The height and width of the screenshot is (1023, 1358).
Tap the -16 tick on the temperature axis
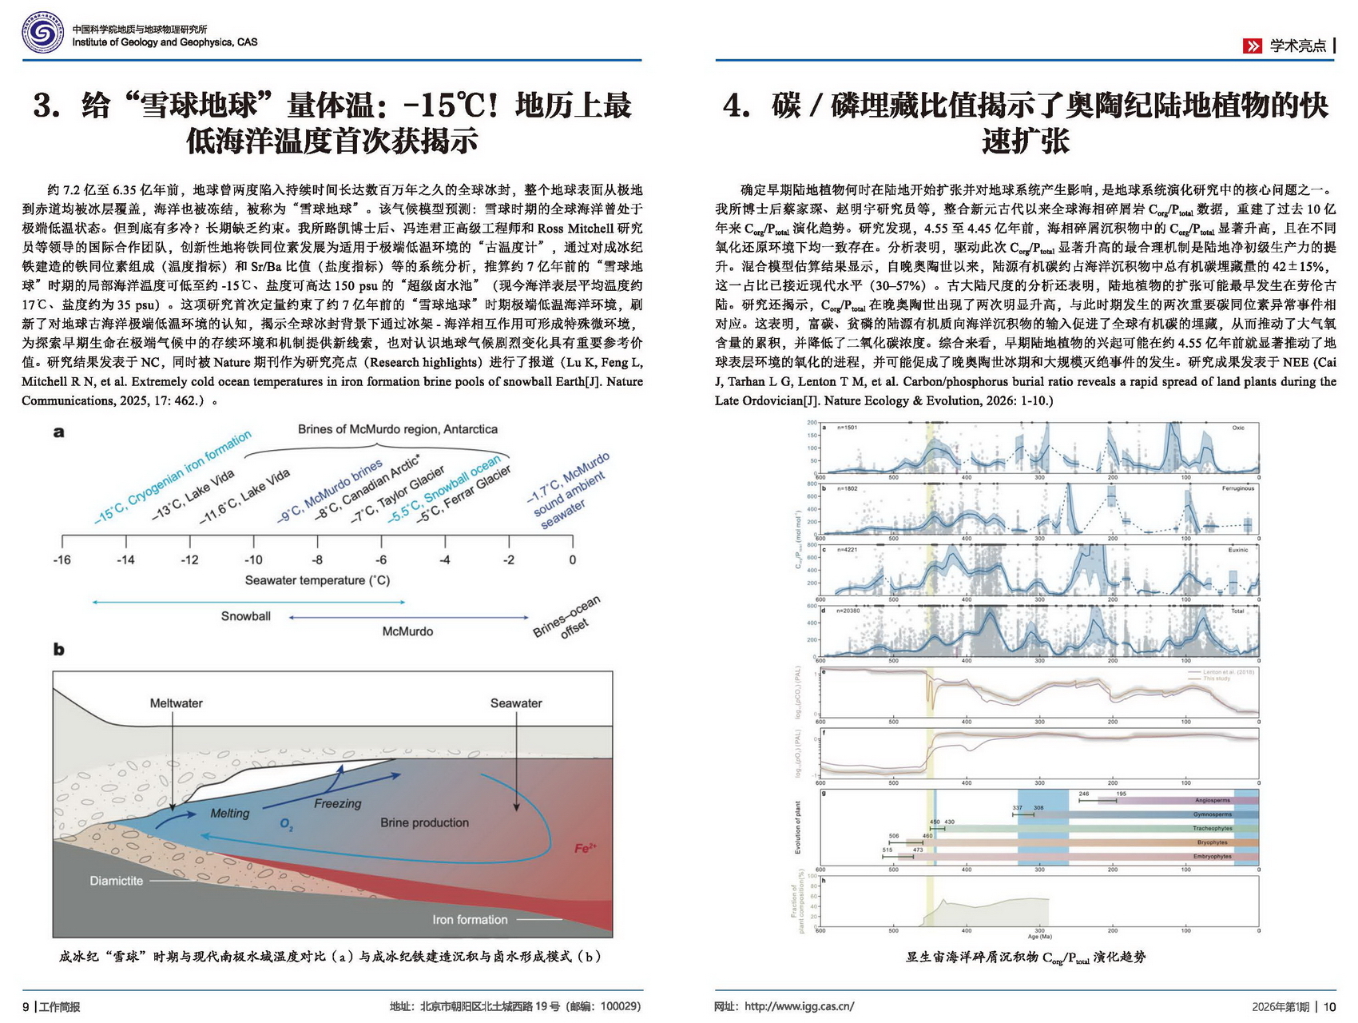click(62, 559)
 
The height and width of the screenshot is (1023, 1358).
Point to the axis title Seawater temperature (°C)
click(317, 580)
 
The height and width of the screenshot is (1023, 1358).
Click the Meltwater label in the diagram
click(176, 703)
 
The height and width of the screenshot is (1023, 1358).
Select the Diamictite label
click(117, 881)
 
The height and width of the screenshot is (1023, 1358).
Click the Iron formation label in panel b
click(470, 920)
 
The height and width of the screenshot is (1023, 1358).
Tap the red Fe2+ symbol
click(586, 848)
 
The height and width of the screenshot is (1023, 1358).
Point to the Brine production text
click(424, 822)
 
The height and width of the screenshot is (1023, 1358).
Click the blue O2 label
click(286, 824)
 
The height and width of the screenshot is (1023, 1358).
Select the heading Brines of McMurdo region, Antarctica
click(398, 429)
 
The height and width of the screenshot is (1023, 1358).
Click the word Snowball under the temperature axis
click(245, 616)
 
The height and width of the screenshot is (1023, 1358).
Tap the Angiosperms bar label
click(1213, 800)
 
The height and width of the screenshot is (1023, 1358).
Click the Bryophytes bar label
click(1212, 842)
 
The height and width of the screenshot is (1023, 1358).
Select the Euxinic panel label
click(1237, 550)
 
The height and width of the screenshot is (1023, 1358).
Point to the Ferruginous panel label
click(1237, 488)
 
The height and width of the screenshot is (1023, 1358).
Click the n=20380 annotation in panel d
click(848, 611)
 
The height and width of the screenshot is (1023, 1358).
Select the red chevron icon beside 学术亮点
click(1252, 46)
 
